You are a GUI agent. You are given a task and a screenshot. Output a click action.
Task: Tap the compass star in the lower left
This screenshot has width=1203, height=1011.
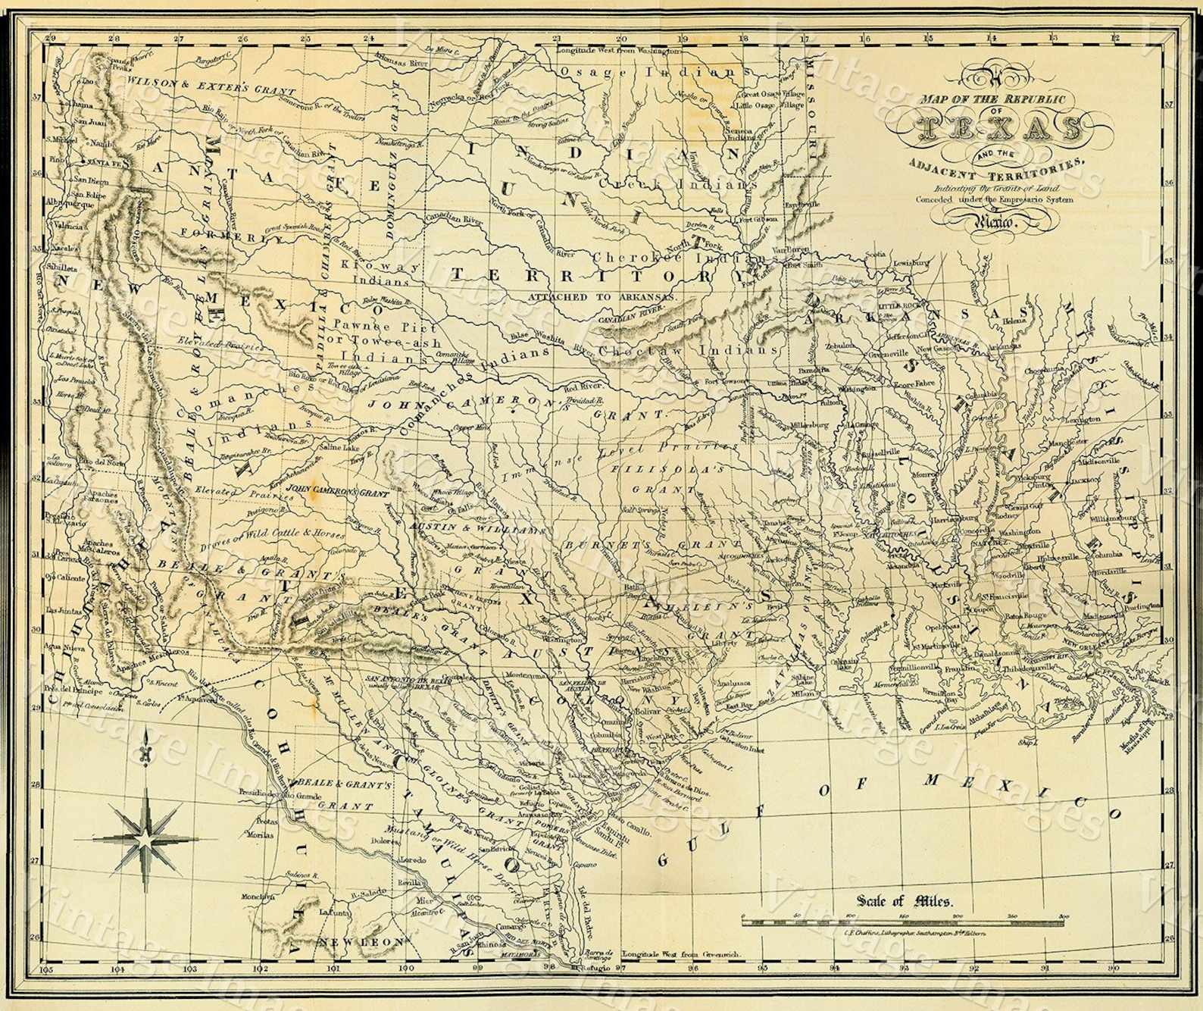148,839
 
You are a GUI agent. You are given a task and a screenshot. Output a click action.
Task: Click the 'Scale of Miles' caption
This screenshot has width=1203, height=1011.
905,901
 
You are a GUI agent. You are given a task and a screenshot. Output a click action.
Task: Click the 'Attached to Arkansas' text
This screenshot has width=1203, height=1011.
603,297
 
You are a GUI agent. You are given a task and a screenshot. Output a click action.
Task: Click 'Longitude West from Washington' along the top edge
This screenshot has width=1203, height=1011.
618,50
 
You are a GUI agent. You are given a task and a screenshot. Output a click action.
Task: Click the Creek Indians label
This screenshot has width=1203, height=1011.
676,184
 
